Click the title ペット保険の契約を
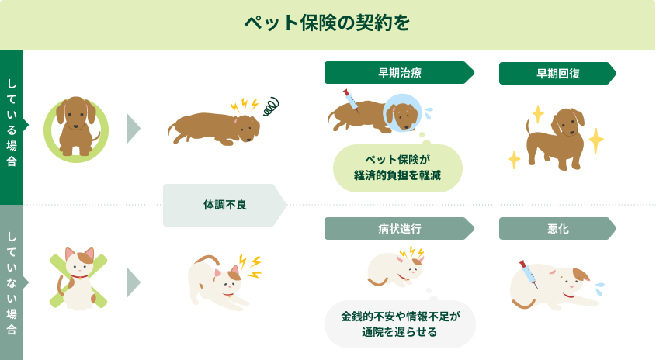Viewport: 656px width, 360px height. click(x=327, y=23)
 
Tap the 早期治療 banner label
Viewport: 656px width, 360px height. click(x=399, y=73)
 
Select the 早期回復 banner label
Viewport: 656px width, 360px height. click(x=557, y=74)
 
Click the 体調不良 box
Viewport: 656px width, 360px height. click(x=224, y=205)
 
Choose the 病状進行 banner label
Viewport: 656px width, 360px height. click(x=399, y=228)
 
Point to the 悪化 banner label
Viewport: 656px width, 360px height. click(x=557, y=228)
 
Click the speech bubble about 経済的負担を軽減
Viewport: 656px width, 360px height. click(x=397, y=168)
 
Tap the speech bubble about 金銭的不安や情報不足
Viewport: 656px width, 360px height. click(x=400, y=324)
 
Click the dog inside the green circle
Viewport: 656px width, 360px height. click(x=76, y=126)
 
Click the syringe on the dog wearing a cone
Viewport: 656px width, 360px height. click(x=352, y=101)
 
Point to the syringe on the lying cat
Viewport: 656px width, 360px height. click(x=529, y=274)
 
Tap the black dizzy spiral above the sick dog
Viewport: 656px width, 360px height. click(x=271, y=106)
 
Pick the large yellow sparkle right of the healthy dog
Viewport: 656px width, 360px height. click(x=596, y=140)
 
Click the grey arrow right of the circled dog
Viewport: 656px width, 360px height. click(x=134, y=129)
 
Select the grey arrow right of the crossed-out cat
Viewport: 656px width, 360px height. click(x=134, y=282)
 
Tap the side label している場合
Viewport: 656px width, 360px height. click(x=12, y=123)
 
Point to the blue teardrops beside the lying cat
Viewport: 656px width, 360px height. click(x=599, y=289)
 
